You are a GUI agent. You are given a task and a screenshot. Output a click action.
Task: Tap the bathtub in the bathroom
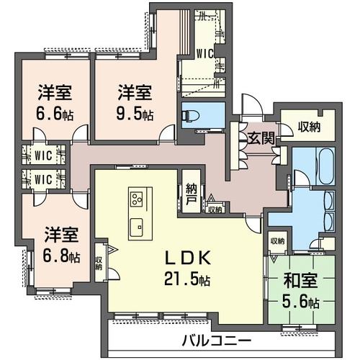(325, 166)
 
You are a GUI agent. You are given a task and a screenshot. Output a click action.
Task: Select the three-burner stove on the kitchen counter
(136, 199)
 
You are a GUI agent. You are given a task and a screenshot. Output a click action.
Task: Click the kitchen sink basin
(136, 228)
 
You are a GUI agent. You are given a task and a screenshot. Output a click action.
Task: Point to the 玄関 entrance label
(261, 138)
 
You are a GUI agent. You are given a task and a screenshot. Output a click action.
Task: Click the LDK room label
(188, 258)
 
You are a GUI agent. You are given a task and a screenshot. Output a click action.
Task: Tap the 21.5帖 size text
(187, 279)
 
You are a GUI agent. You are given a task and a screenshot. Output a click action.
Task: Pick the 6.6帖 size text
(55, 113)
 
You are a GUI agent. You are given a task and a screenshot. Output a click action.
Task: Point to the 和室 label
(300, 280)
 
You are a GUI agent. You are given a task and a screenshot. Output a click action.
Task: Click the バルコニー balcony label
(217, 341)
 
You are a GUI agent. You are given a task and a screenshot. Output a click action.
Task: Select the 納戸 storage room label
(192, 194)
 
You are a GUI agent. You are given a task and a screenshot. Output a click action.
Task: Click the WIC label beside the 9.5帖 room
(205, 54)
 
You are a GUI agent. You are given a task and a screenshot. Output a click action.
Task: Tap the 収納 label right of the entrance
(309, 127)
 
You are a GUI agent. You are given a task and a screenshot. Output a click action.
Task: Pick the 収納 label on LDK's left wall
(99, 264)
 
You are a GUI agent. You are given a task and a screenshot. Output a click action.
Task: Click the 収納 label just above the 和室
(277, 241)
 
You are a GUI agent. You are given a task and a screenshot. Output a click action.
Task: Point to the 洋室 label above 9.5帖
(135, 92)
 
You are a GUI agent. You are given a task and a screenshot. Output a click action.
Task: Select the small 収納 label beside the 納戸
(215, 210)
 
